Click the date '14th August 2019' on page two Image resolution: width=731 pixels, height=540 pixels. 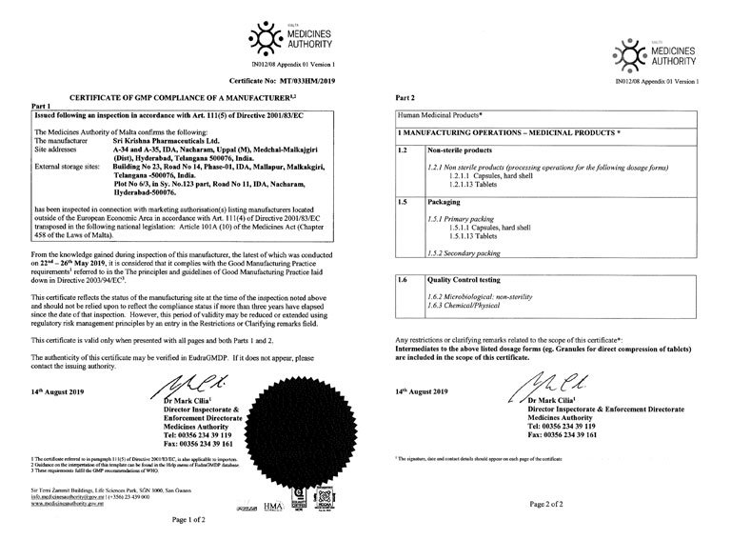click(x=425, y=418)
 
